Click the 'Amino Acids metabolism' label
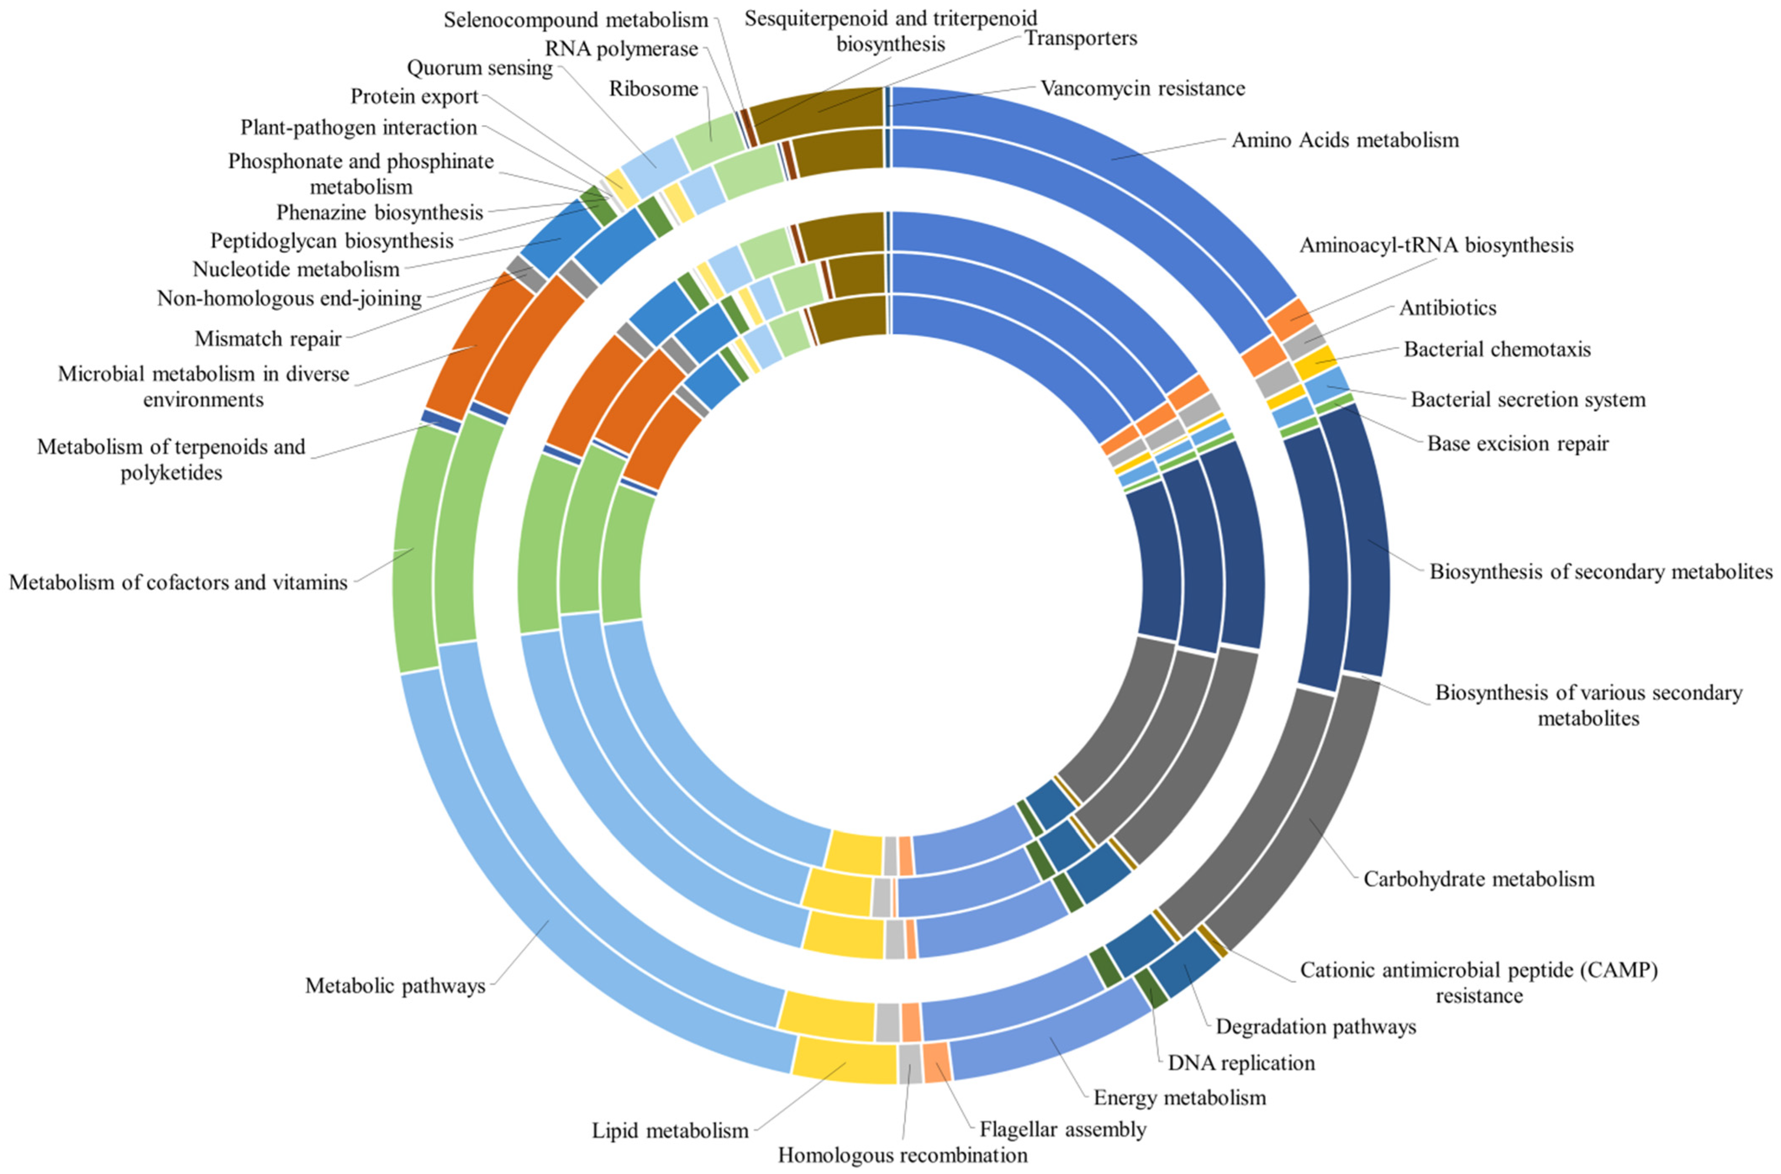click(x=1345, y=140)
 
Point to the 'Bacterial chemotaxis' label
click(x=1497, y=349)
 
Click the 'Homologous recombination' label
click(x=902, y=1155)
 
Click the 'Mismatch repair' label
click(x=268, y=339)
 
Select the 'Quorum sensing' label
click(x=479, y=68)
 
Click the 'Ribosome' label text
click(x=653, y=89)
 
